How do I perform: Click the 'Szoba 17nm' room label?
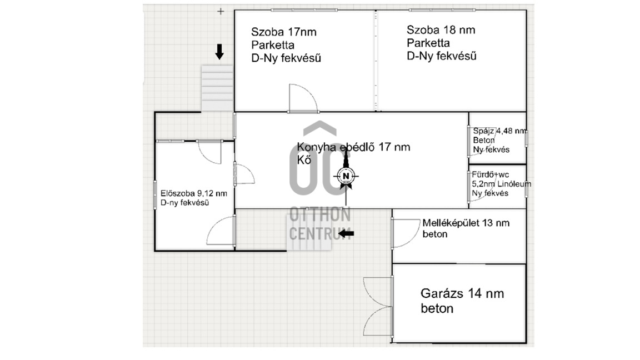(x=284, y=32)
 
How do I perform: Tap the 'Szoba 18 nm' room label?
(x=441, y=30)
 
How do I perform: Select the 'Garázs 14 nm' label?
(x=462, y=293)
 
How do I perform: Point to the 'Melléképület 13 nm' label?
(x=466, y=223)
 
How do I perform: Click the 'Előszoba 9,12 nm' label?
(x=194, y=193)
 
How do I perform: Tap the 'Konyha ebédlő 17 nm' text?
(x=353, y=147)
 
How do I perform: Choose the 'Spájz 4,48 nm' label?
(x=499, y=131)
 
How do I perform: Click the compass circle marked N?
(x=346, y=176)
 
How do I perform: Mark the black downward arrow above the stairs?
(x=219, y=52)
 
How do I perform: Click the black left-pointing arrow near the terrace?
(x=347, y=234)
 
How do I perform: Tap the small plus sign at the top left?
(x=221, y=12)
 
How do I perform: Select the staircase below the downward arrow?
(x=217, y=88)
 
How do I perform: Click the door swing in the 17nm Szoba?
(x=303, y=98)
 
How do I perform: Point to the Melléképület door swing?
(x=406, y=233)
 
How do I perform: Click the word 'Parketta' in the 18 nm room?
(x=428, y=43)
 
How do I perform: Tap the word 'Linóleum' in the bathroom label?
(x=514, y=184)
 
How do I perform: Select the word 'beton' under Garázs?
(x=437, y=308)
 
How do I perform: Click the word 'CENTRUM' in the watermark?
(x=320, y=233)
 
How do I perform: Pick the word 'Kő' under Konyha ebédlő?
(x=304, y=159)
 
